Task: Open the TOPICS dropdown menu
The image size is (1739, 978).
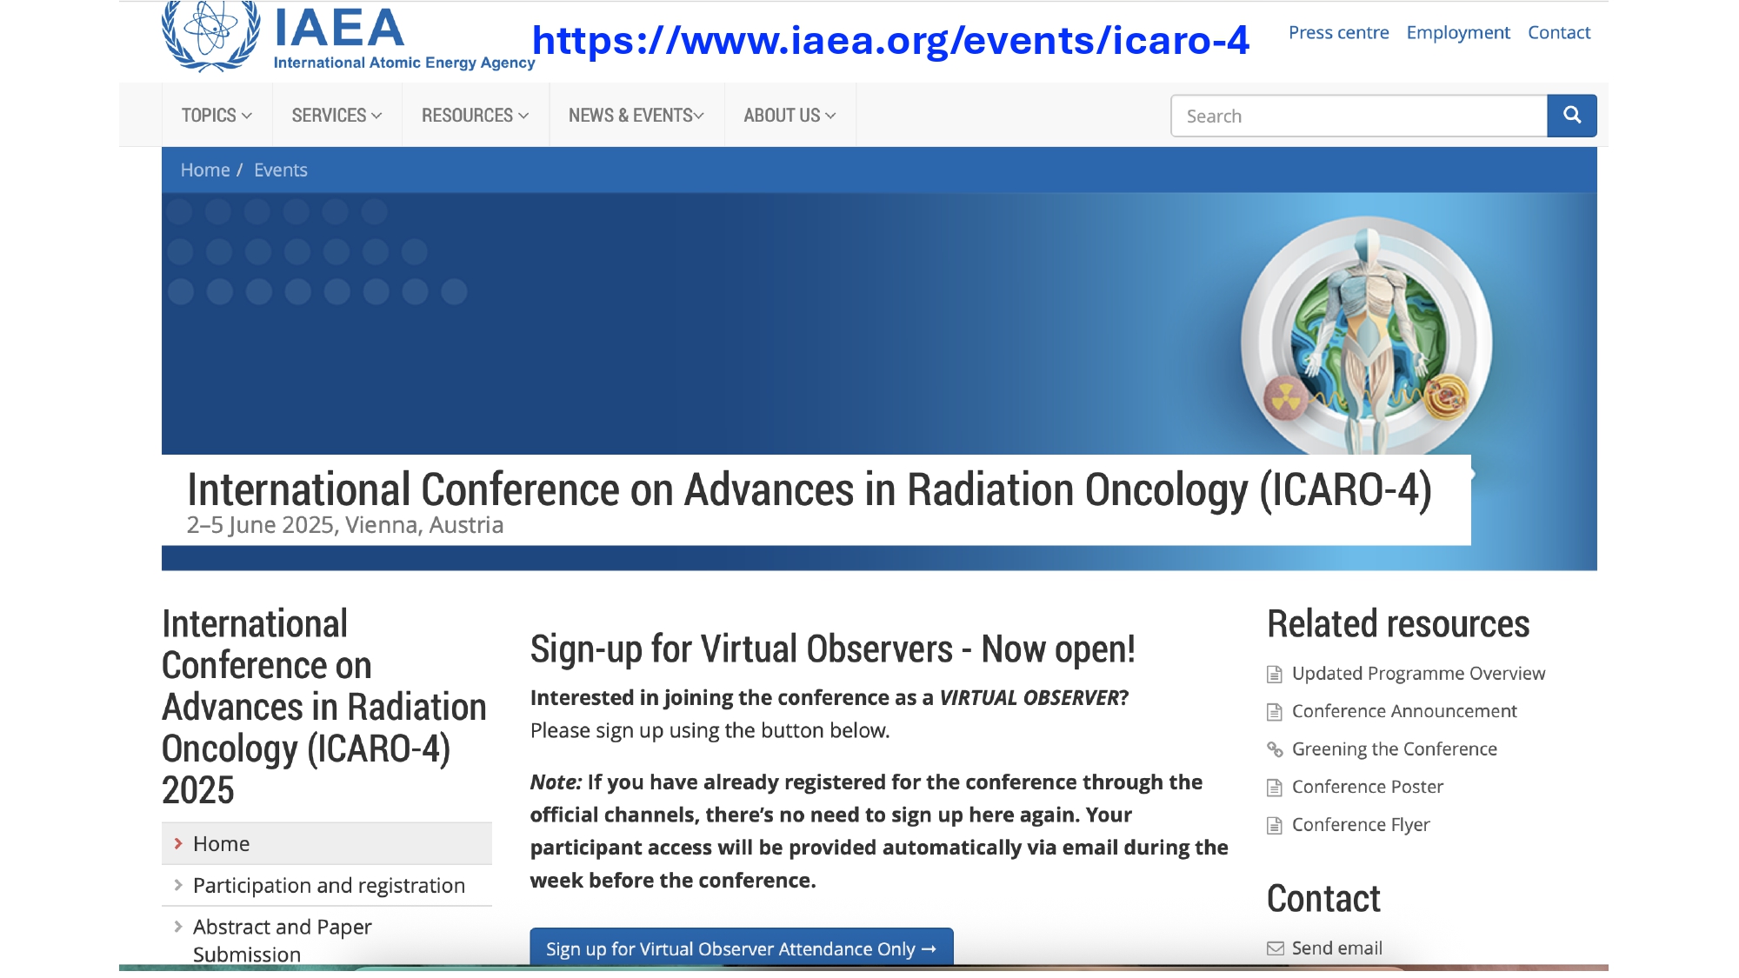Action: pyautogui.click(x=217, y=116)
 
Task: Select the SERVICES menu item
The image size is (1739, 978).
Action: pyautogui.click(x=336, y=116)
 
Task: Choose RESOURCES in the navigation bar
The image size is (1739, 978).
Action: pyautogui.click(x=475, y=116)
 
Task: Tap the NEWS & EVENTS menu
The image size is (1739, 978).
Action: pyautogui.click(x=636, y=116)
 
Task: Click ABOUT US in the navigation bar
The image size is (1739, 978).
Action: pyautogui.click(x=790, y=116)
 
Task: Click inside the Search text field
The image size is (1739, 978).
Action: pyautogui.click(x=1359, y=116)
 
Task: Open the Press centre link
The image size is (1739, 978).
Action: pyautogui.click(x=1338, y=33)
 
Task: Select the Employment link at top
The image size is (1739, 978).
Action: pyautogui.click(x=1458, y=33)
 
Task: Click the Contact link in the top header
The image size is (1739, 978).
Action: pyautogui.click(x=1559, y=33)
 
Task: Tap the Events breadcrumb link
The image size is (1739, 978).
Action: pyautogui.click(x=281, y=170)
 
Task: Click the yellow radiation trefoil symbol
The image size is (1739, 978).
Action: pyautogui.click(x=1285, y=398)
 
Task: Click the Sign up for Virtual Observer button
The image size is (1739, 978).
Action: pyautogui.click(x=742, y=948)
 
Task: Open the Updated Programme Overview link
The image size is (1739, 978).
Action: pyautogui.click(x=1418, y=674)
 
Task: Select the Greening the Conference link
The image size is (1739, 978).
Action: pyautogui.click(x=1394, y=749)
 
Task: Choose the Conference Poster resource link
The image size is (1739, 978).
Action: pyautogui.click(x=1367, y=787)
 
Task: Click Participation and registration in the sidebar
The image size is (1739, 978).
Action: pyautogui.click(x=329, y=886)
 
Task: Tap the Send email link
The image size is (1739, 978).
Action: pyautogui.click(x=1336, y=948)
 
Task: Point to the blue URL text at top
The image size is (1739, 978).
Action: pyautogui.click(x=890, y=40)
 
